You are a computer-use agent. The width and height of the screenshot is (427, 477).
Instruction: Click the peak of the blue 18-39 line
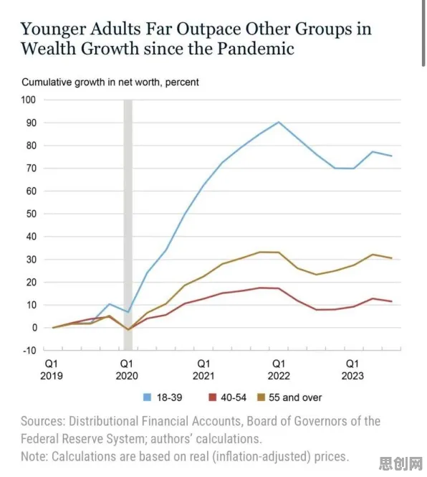[x=279, y=122]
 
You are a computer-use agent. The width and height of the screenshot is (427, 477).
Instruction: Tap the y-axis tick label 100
[x=28, y=100]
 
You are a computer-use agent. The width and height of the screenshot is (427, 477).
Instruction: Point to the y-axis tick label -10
[x=29, y=351]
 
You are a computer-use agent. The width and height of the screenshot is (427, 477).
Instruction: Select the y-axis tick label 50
[x=31, y=214]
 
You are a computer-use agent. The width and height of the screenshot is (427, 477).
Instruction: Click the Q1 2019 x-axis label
[x=52, y=369]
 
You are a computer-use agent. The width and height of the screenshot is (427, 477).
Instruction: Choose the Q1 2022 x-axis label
[x=279, y=369]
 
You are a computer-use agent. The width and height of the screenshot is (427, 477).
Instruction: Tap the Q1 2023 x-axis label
[x=352, y=369]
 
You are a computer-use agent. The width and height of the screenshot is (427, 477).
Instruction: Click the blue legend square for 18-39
[x=147, y=397]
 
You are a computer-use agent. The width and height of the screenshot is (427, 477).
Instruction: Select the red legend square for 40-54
[x=213, y=397]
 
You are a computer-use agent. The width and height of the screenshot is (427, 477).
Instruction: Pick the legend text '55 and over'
[x=295, y=397]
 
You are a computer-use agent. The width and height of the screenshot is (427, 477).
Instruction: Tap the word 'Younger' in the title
[x=53, y=30]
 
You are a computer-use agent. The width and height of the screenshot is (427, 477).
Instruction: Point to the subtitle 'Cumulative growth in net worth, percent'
[x=110, y=82]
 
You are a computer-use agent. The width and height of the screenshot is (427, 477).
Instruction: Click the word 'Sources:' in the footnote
[x=43, y=421]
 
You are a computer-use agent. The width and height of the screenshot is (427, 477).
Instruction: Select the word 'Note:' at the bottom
[x=34, y=456]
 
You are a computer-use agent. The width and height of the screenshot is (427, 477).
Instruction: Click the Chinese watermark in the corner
[x=400, y=463]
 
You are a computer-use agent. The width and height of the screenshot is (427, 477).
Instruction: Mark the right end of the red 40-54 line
[x=392, y=301]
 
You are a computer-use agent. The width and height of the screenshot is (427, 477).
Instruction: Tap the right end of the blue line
[x=392, y=156]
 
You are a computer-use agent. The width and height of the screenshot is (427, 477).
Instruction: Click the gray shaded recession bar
[x=128, y=225]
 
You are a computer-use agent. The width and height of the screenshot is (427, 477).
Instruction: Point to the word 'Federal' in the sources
[x=40, y=439]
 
